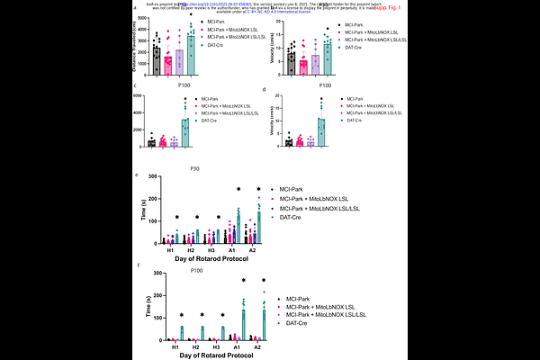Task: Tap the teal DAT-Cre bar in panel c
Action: (x=185, y=131)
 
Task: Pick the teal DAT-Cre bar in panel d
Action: (x=320, y=131)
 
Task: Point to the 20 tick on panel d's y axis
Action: (x=277, y=95)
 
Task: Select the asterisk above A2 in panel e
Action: (x=259, y=189)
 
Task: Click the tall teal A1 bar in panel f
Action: (x=243, y=324)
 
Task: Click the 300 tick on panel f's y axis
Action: (x=161, y=271)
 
